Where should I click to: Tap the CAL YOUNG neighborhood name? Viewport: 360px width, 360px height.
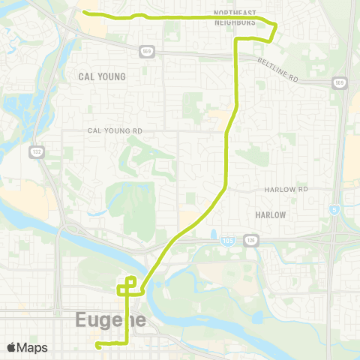point(102,76)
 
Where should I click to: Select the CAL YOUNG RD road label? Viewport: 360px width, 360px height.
point(115,130)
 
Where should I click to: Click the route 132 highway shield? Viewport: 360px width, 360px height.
point(36,152)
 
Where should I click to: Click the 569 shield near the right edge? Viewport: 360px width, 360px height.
point(339,82)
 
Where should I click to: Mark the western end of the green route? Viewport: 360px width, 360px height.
point(84,13)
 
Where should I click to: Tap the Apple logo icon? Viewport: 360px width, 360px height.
point(11,347)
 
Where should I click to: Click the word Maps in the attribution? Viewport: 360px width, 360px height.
point(32,347)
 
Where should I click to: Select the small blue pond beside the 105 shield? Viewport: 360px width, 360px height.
point(214,235)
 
